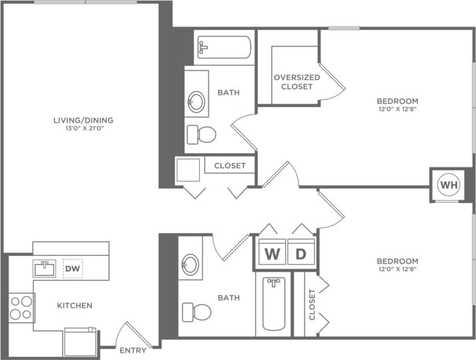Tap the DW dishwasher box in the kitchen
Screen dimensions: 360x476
click(73, 268)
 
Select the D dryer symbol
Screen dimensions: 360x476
click(300, 254)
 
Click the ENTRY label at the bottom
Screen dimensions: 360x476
click(133, 350)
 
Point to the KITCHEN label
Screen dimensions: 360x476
click(74, 306)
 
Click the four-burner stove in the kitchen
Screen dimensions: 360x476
click(21, 308)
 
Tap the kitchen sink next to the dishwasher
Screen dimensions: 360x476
click(45, 268)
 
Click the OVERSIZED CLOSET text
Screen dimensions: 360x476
click(297, 82)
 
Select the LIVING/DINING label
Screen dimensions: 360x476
click(84, 120)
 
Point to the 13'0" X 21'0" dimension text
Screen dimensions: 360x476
click(84, 128)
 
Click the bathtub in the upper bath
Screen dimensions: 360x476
click(224, 47)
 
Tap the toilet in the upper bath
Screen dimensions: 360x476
click(202, 135)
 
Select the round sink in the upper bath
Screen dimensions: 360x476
click(197, 102)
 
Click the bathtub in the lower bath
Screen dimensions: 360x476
click(274, 304)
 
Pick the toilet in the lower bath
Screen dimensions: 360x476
click(197, 311)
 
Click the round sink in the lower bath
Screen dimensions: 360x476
click(191, 265)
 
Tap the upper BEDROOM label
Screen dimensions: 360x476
click(398, 101)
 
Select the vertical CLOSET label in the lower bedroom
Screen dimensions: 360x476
click(312, 304)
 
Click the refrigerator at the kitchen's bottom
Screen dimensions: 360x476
click(80, 341)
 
